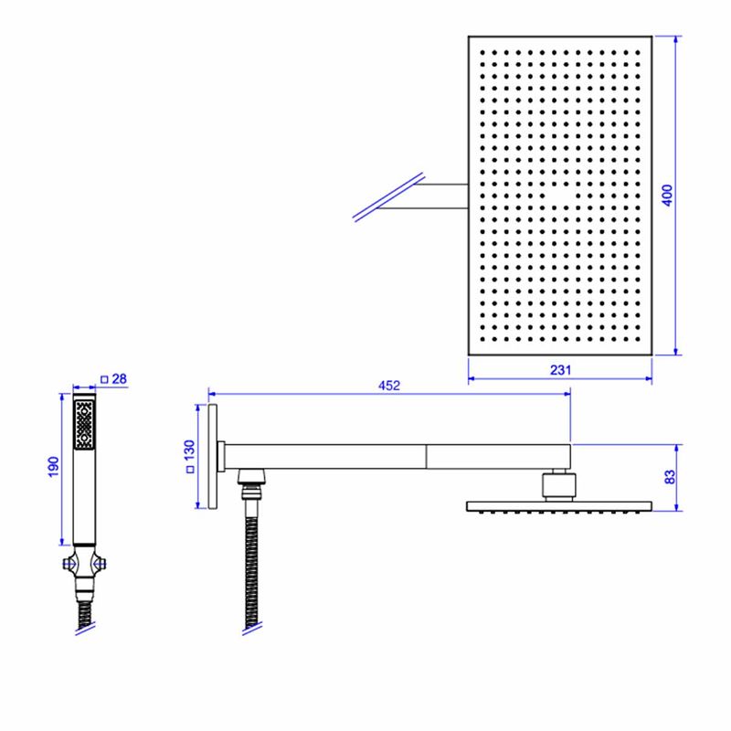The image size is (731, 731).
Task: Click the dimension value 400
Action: pyautogui.click(x=668, y=195)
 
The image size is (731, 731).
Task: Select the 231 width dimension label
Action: pyautogui.click(x=560, y=370)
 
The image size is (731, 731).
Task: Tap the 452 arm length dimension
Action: pyautogui.click(x=389, y=386)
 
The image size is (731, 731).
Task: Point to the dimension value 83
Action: pyautogui.click(x=670, y=477)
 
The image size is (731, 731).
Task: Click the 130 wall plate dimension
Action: pyautogui.click(x=189, y=450)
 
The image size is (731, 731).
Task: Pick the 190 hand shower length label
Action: pyautogui.click(x=54, y=467)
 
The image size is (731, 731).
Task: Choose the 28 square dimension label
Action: pyautogui.click(x=120, y=379)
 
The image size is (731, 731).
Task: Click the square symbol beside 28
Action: pyautogui.click(x=104, y=380)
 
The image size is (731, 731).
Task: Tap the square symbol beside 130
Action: pyautogui.click(x=190, y=470)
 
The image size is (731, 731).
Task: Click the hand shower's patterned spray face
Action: pyautogui.click(x=84, y=425)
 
